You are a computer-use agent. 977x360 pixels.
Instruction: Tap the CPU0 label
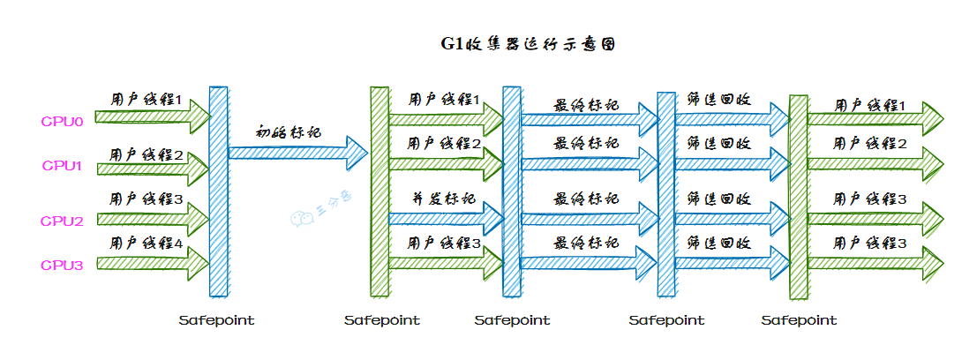pyautogui.click(x=62, y=122)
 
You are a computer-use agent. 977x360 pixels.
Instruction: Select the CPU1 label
pyautogui.click(x=63, y=166)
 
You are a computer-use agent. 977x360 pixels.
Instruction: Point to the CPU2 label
pyautogui.click(x=63, y=221)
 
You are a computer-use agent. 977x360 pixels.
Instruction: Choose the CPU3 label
pyautogui.click(x=63, y=265)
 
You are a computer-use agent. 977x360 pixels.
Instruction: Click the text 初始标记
pyautogui.click(x=289, y=132)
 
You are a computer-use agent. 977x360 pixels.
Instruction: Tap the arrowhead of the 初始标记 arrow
pyautogui.click(x=357, y=154)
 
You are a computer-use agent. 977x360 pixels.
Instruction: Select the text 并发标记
pyautogui.click(x=444, y=199)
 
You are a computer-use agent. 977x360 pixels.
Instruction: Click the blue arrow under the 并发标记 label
pyautogui.click(x=446, y=219)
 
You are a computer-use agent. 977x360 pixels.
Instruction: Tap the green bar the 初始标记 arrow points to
pyautogui.click(x=380, y=191)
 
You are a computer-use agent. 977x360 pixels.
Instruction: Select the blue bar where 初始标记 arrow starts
pyautogui.click(x=219, y=191)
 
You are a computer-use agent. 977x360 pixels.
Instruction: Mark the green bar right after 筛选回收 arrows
pyautogui.click(x=798, y=197)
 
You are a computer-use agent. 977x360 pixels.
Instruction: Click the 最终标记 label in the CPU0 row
pyautogui.click(x=586, y=105)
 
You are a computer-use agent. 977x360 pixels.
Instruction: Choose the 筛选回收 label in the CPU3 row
pyautogui.click(x=719, y=242)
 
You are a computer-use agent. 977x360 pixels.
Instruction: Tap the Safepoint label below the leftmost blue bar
pyautogui.click(x=216, y=320)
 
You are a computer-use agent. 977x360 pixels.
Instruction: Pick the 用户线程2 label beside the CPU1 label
pyautogui.click(x=147, y=154)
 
